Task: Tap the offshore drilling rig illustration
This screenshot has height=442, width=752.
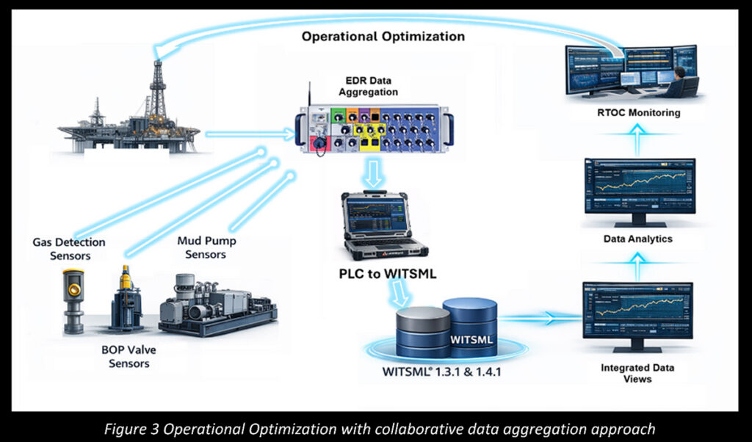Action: [132, 117]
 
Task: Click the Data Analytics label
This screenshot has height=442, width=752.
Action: [637, 239]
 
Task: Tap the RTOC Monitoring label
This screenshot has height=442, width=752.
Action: [638, 113]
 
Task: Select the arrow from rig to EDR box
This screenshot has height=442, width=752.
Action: [250, 134]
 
